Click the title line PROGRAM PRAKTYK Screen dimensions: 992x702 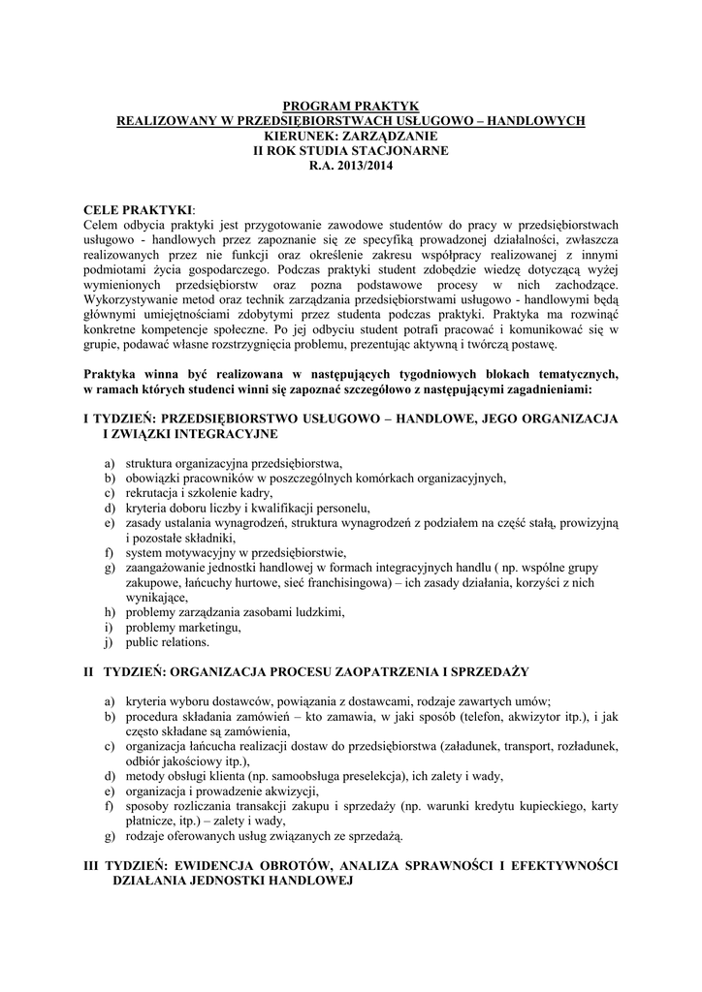point(350,106)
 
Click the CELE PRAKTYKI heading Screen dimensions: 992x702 point(139,209)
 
